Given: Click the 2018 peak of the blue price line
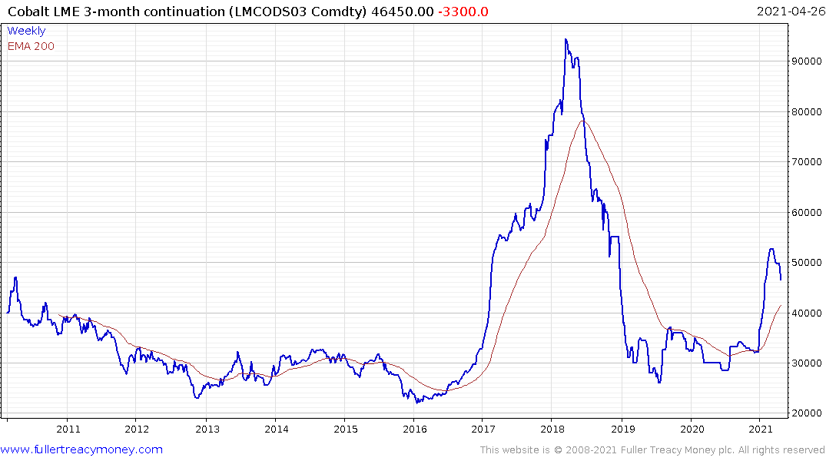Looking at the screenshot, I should [x=566, y=40].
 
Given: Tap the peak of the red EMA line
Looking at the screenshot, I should [x=584, y=121].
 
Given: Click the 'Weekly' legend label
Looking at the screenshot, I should [x=26, y=31].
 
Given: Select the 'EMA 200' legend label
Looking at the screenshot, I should [x=31, y=46].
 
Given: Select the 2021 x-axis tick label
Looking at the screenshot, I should [x=760, y=429].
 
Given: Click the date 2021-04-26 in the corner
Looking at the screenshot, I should [x=788, y=12].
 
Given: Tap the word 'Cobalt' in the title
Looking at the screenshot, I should [x=28, y=12].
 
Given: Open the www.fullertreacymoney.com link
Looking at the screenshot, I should [x=81, y=449].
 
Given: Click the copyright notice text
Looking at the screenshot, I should [x=652, y=450].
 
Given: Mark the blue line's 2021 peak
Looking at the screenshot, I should [x=771, y=249].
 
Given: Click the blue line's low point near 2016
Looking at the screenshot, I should [x=416, y=403].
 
